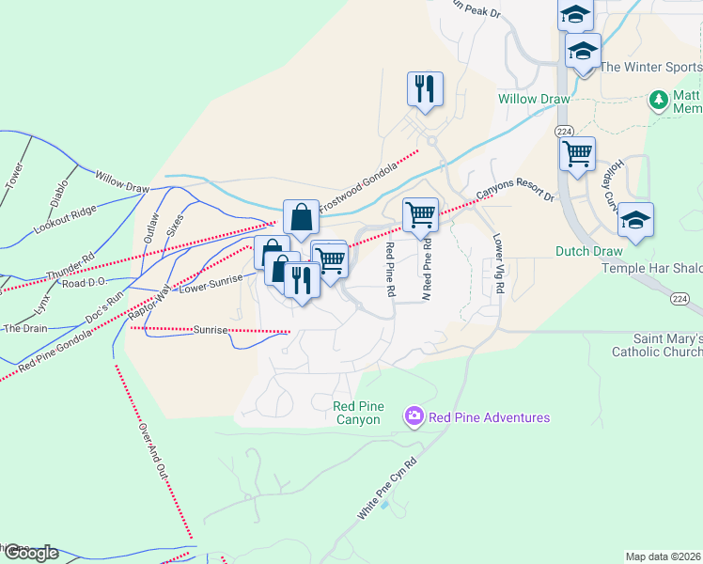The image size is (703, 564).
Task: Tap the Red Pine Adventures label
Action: click(489, 416)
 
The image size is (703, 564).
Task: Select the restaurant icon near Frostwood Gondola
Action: click(425, 89)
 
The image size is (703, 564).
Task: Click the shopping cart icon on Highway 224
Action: click(576, 153)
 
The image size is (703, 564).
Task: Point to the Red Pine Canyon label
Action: click(357, 413)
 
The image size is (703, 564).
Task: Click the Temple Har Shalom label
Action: click(651, 269)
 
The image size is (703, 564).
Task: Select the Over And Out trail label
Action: click(151, 451)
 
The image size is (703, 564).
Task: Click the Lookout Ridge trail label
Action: click(65, 219)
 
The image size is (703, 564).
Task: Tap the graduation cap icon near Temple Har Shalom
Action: click(635, 220)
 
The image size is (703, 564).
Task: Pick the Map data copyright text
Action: click(663, 556)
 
